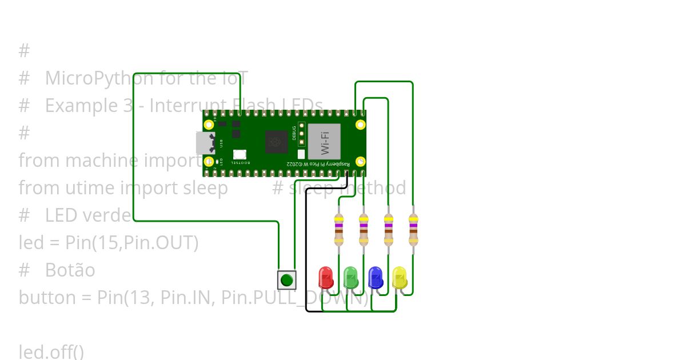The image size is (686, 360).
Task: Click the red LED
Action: pyautogui.click(x=325, y=278)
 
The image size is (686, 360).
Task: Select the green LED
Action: pyautogui.click(x=350, y=278)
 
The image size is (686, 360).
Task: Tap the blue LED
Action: pyautogui.click(x=376, y=278)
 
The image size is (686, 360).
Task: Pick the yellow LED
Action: pyautogui.click(x=400, y=278)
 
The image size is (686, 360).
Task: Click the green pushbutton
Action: pyautogui.click(x=287, y=280)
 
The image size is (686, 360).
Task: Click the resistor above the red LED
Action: pyautogui.click(x=338, y=229)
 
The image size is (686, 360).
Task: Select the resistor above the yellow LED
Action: pyautogui.click(x=413, y=229)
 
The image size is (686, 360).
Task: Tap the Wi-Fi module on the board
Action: pyautogui.click(x=324, y=142)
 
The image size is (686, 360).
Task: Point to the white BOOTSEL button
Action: pyautogui.click(x=240, y=154)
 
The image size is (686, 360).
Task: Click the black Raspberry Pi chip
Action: pyautogui.click(x=277, y=142)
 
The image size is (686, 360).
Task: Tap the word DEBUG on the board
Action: pyautogui.click(x=294, y=133)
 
